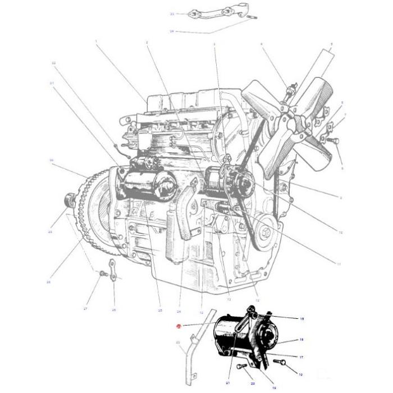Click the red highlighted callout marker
(x=179, y=326)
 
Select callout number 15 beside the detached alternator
(x=301, y=319)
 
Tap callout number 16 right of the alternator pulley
(x=301, y=340)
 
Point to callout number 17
(x=301, y=357)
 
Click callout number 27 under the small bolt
(x=86, y=309)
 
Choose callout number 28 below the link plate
(x=113, y=309)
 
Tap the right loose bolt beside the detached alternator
(x=283, y=363)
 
